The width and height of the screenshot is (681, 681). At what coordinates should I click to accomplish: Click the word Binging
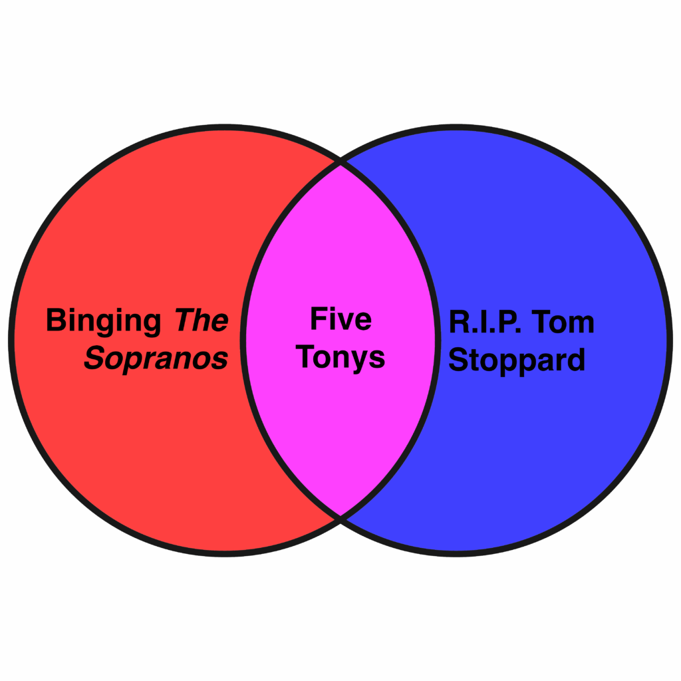tap(103, 322)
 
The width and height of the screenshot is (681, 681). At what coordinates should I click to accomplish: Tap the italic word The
tap(201, 321)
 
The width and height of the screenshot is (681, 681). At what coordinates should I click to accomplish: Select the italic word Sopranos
tap(156, 359)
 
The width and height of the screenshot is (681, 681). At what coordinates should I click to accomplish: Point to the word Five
tap(340, 319)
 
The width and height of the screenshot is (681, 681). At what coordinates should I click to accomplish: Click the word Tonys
tap(340, 358)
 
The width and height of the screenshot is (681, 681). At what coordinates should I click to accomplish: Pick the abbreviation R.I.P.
tap(483, 323)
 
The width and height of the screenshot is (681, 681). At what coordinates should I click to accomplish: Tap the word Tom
tap(565, 323)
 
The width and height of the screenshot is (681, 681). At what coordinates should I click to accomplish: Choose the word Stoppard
tap(517, 360)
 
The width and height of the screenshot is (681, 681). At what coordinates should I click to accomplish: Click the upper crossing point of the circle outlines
tap(340, 162)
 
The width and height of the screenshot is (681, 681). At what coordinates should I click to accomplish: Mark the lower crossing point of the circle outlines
tap(340, 515)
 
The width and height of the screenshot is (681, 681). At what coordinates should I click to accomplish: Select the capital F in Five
tap(318, 319)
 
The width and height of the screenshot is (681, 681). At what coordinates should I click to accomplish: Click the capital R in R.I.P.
tap(458, 323)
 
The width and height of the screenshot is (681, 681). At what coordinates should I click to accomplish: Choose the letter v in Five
tap(346, 322)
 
